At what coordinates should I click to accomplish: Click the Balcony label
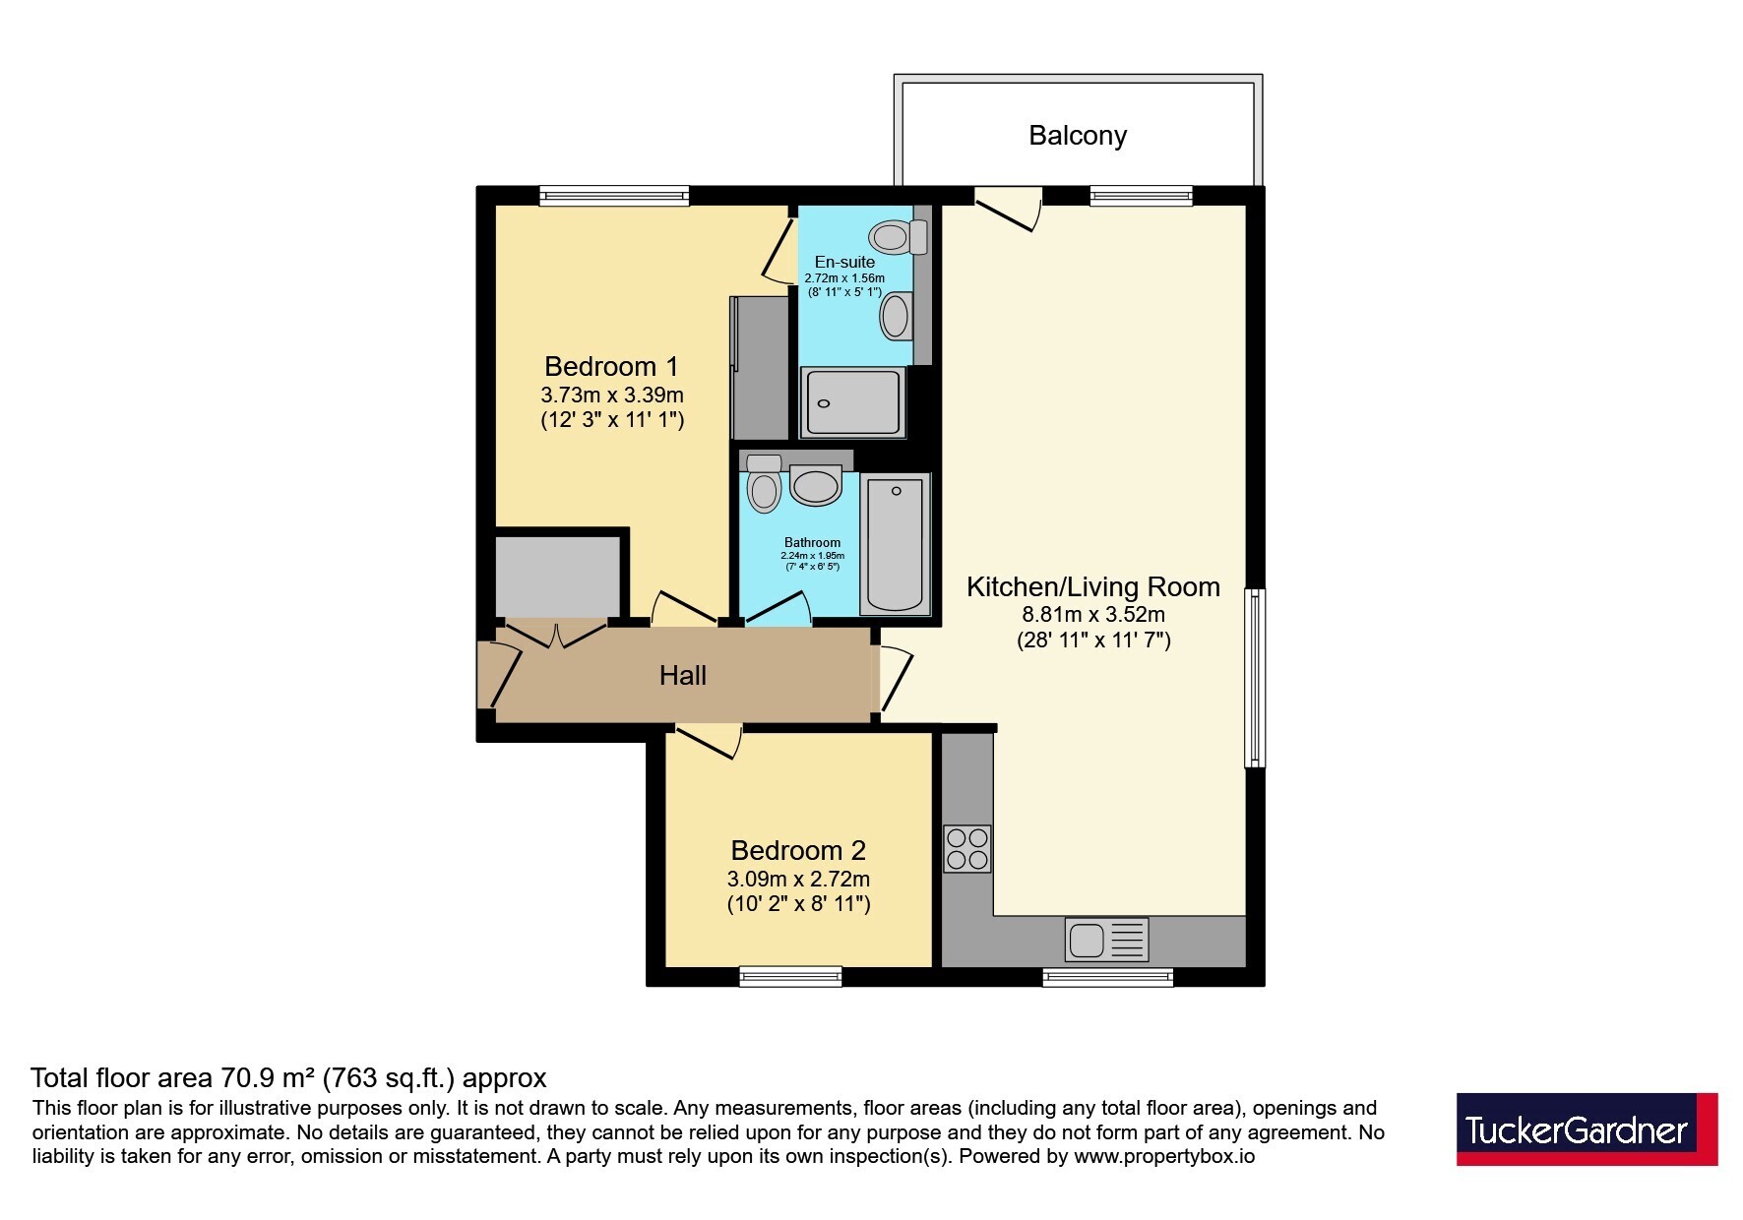pos(1078,136)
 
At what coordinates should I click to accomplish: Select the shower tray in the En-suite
pos(853,402)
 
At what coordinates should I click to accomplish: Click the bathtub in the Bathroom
pos(896,543)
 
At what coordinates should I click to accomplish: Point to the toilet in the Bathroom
pos(764,482)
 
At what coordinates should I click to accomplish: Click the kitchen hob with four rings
pos(966,849)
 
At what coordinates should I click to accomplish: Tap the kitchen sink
pos(1106,940)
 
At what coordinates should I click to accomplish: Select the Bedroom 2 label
pos(798,850)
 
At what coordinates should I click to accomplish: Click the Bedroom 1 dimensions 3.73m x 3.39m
pos(612,396)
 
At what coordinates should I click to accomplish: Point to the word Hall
pos(683,676)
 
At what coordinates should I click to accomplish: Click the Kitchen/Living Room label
pos(1092,587)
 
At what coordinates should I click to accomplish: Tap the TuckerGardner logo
pos(1587,1128)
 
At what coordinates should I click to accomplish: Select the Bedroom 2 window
pos(790,976)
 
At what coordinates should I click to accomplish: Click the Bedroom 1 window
pos(614,196)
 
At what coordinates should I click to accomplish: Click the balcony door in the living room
pos(1009,208)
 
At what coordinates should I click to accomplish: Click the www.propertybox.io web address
pos(1164,1157)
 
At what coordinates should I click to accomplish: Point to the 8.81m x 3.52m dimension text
pos(1093,615)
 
